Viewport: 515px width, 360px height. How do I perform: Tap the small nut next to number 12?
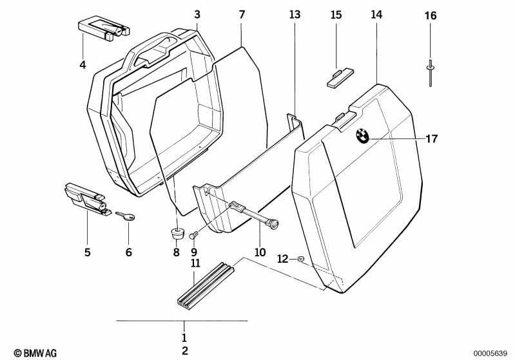(x=300, y=260)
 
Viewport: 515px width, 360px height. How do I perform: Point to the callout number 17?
(x=431, y=138)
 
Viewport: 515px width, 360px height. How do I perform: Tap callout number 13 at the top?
(x=294, y=14)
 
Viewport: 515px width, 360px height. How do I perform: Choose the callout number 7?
(x=242, y=14)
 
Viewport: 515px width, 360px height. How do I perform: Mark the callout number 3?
(x=197, y=14)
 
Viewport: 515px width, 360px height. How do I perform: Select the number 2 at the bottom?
(x=185, y=350)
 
